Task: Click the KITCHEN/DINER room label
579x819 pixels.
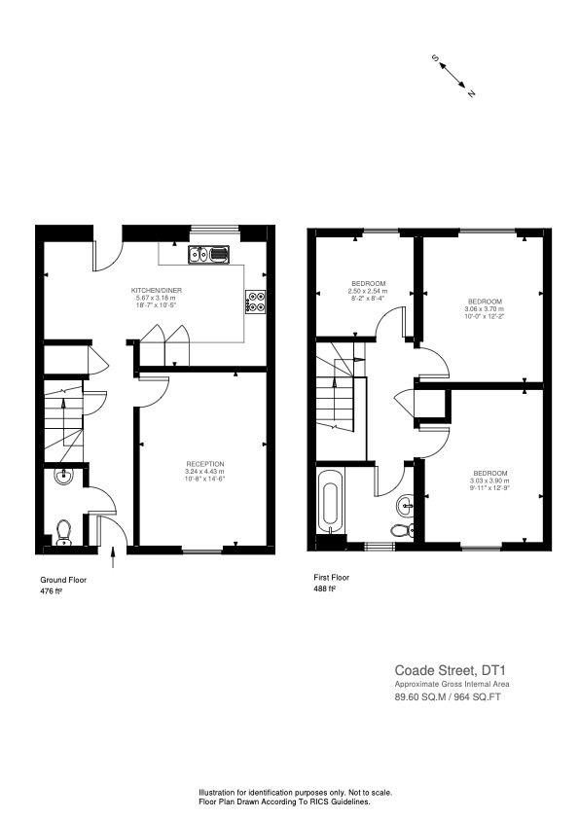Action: pos(158,291)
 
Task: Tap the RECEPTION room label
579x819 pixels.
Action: pos(204,464)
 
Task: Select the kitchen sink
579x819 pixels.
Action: pos(209,256)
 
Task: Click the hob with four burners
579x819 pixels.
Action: pos(257,303)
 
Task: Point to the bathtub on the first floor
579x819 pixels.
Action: pos(332,501)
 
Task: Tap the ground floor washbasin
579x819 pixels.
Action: pos(64,477)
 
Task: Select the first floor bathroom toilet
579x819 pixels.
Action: pos(401,530)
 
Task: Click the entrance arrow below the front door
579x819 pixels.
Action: pos(115,557)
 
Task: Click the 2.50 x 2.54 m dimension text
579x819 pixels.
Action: pos(369,290)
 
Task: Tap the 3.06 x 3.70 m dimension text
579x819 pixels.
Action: pos(484,309)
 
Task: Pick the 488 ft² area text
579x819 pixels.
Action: pos(324,588)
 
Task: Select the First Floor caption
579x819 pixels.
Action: pos(331,577)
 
